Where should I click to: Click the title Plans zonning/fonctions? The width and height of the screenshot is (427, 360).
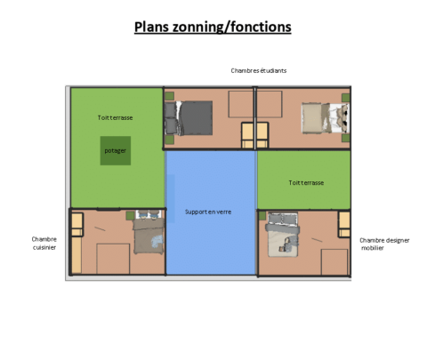[213, 27]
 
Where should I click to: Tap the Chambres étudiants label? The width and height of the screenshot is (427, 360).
[259, 70]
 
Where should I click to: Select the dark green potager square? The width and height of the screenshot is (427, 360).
[116, 150]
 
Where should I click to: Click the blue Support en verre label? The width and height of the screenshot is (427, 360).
[208, 212]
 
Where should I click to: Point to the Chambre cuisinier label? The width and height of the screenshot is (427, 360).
[44, 244]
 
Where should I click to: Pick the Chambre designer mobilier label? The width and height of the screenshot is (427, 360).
[384, 244]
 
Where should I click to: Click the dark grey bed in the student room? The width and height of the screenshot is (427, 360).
[189, 118]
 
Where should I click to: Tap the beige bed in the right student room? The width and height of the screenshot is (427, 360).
[326, 118]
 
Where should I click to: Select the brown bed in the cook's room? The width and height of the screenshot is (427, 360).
[149, 232]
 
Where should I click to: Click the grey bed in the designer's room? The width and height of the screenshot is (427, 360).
[282, 235]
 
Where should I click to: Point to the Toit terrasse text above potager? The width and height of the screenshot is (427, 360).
[115, 117]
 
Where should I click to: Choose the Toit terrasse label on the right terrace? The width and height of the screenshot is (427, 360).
[306, 183]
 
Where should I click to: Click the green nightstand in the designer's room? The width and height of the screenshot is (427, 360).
[262, 216]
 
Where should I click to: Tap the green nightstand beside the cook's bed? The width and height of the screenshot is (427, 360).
[130, 216]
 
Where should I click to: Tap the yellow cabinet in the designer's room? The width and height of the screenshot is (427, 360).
[344, 224]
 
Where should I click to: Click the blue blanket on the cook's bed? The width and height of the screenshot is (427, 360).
[157, 241]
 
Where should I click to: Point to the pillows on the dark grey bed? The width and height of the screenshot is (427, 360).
[171, 118]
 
